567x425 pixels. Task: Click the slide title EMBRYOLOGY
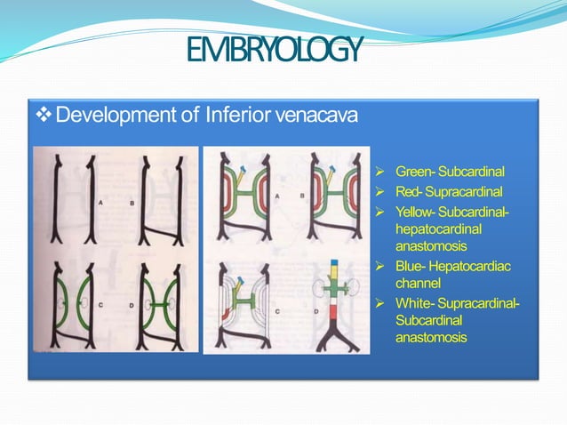coord(276,51)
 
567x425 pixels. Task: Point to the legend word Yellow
coord(415,212)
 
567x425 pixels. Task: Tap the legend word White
coord(413,305)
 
